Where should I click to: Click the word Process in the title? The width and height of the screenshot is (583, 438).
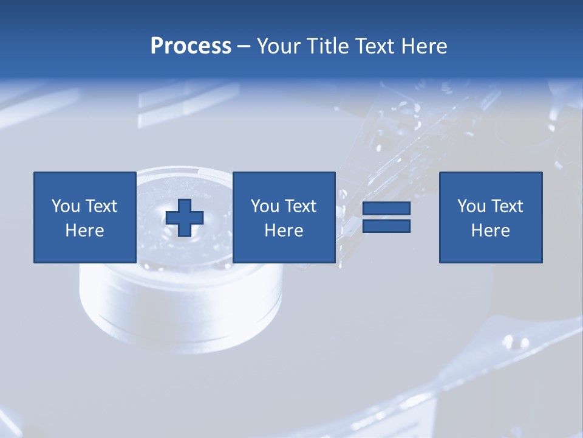click(x=191, y=46)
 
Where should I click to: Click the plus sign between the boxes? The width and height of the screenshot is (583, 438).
click(x=185, y=218)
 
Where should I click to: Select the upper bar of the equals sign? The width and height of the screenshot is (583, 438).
click(x=386, y=209)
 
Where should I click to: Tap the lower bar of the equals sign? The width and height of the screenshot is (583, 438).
click(x=386, y=226)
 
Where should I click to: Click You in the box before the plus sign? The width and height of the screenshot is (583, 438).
click(x=66, y=206)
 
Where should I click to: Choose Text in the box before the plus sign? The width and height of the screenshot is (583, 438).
click(x=100, y=206)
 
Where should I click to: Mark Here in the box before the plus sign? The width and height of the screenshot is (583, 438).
click(x=84, y=231)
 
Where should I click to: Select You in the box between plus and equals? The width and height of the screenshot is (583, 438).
click(x=265, y=206)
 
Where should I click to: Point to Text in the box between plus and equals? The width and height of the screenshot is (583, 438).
click(x=300, y=206)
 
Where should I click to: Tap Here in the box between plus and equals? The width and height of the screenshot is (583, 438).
click(x=284, y=231)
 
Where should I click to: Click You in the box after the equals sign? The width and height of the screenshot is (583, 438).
click(x=471, y=206)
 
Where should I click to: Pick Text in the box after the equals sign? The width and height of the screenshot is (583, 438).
click(x=506, y=206)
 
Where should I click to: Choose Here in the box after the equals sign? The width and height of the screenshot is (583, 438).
click(x=490, y=231)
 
